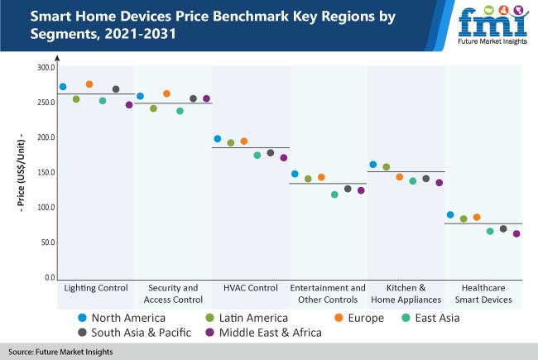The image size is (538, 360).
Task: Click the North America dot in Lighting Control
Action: coord(63,87)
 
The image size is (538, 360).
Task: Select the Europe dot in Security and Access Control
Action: coord(166,94)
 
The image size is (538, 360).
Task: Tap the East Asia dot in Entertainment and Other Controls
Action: coord(334,194)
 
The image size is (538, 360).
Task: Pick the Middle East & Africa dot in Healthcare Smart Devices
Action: coord(516,233)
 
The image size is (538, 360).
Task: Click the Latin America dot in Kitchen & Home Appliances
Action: coord(386,167)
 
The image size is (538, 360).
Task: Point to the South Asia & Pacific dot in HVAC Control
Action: coord(271,153)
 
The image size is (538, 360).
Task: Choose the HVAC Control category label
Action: coord(250,288)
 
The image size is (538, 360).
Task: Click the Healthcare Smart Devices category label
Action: coord(483,294)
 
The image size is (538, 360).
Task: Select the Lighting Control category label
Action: coord(96,288)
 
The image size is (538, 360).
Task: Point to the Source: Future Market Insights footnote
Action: coord(61,352)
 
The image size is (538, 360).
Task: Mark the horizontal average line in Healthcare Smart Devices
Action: coord(483,223)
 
